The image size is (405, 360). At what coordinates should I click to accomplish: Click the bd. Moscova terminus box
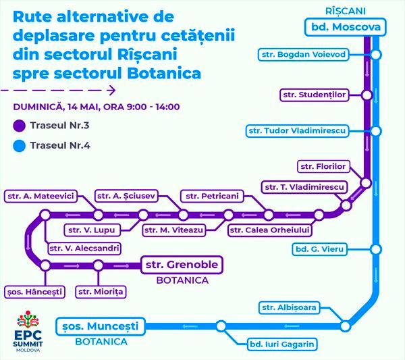(346, 27)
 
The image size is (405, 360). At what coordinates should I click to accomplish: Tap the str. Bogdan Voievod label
(304, 55)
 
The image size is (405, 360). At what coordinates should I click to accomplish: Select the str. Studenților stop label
(315, 95)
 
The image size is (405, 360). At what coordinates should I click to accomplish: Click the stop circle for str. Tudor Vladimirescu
(376, 131)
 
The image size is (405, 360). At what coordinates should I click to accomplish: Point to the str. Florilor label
(323, 166)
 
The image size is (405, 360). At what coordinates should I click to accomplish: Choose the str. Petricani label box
(212, 196)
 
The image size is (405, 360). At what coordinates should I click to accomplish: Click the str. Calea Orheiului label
(269, 230)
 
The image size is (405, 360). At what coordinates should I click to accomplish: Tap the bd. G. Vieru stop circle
(376, 249)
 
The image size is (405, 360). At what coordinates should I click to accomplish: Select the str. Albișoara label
(289, 307)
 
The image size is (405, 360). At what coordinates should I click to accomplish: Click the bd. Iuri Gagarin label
(282, 344)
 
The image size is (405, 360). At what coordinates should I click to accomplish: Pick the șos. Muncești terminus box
(101, 326)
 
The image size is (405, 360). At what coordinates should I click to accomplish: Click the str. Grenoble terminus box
(182, 265)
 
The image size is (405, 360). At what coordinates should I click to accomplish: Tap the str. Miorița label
(101, 292)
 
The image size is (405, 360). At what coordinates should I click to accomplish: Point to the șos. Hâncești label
(34, 292)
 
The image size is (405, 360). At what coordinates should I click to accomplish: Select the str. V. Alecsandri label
(84, 249)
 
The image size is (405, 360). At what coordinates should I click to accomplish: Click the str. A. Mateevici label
(40, 196)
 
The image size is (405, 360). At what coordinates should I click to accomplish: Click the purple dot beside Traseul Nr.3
(20, 126)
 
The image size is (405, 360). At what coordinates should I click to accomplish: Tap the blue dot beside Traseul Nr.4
(20, 146)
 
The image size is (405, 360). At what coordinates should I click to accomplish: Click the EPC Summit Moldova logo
(28, 331)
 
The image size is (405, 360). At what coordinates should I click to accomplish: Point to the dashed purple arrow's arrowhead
(111, 91)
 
